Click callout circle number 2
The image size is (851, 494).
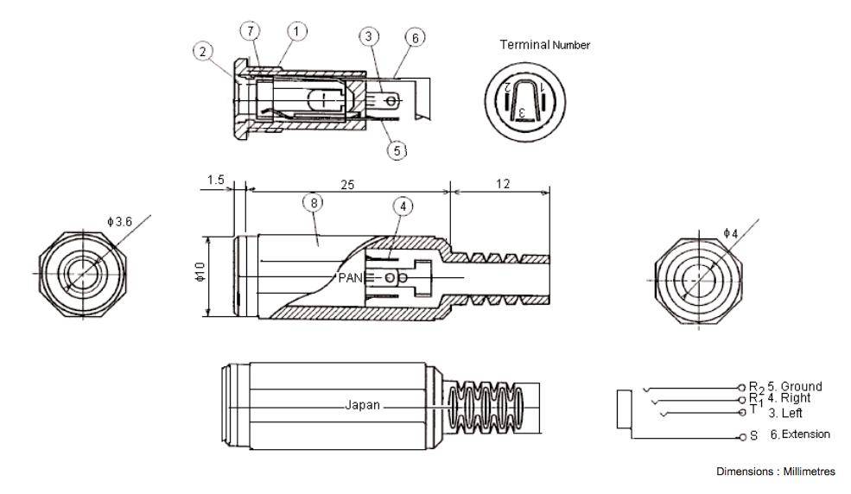coord(201,50)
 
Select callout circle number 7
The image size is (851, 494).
coord(251,32)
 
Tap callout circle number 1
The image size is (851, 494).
coord(296,32)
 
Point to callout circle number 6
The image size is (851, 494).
coord(414,38)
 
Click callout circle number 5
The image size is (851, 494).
coord(397,149)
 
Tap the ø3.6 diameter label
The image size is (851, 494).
coord(121,222)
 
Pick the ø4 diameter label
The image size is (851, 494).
coord(730,233)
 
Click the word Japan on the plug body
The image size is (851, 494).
coord(361,405)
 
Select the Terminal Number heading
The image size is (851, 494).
coord(543,45)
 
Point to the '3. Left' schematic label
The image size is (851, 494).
coord(785,413)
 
